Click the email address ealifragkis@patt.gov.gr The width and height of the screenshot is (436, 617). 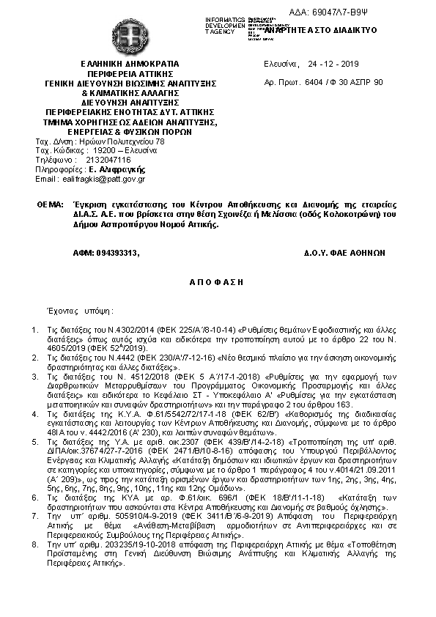[x=103, y=178]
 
